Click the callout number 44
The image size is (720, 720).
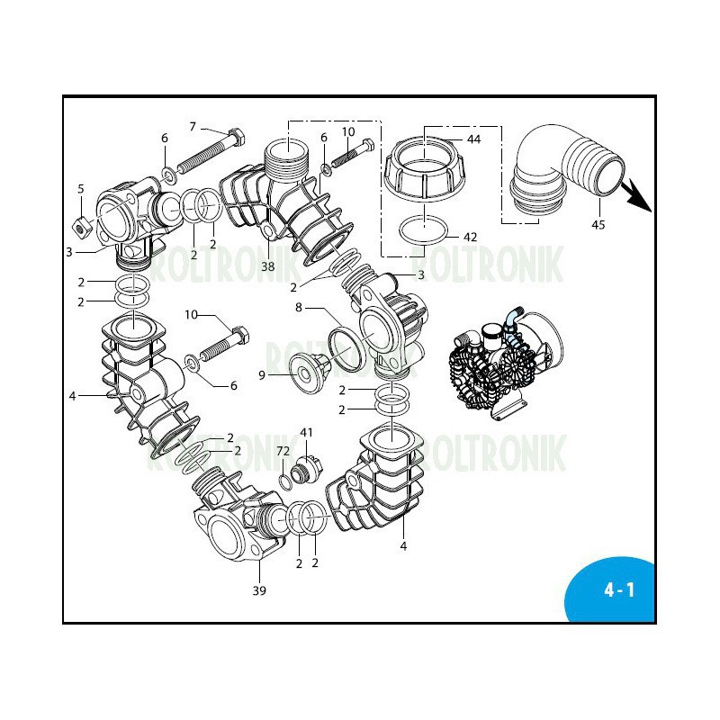pyautogui.click(x=474, y=140)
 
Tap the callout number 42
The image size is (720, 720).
pyautogui.click(x=470, y=237)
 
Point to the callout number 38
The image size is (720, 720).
pyautogui.click(x=267, y=266)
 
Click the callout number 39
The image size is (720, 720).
pyautogui.click(x=259, y=591)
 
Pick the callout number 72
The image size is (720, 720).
pyautogui.click(x=283, y=450)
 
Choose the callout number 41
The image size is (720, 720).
pyautogui.click(x=307, y=433)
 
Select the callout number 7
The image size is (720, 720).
pyautogui.click(x=192, y=126)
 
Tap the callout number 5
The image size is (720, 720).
pyautogui.click(x=80, y=189)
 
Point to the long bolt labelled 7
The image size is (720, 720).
pyautogui.click(x=209, y=152)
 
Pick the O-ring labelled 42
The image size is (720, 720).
pyautogui.click(x=422, y=230)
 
